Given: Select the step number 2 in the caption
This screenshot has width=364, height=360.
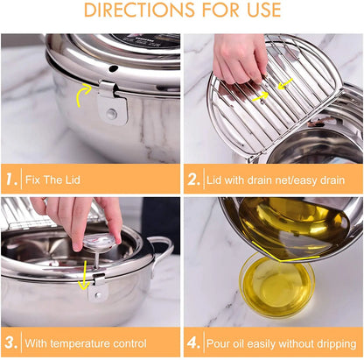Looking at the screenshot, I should (193, 180).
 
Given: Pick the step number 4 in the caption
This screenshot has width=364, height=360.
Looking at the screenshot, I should (193, 342).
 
